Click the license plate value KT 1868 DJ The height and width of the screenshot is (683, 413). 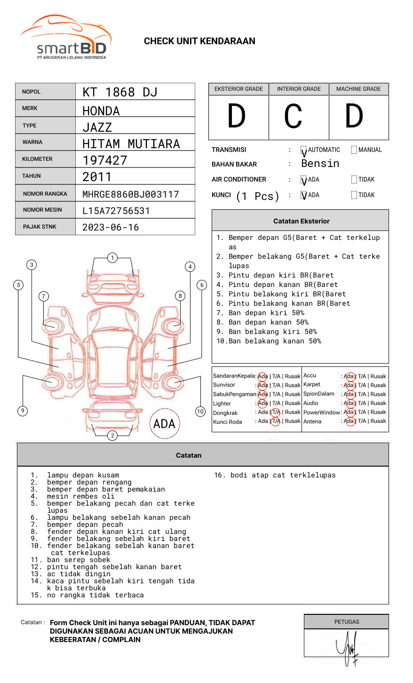[120, 92]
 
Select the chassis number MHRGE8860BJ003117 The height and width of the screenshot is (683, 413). [130, 194]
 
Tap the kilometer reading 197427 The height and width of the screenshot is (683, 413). [105, 160]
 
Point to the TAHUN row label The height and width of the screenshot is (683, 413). [32, 176]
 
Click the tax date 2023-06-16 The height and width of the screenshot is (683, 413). [111, 228]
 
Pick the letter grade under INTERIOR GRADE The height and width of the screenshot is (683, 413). [293, 117]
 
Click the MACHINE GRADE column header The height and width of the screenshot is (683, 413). [358, 89]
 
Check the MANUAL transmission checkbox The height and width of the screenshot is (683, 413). [354, 150]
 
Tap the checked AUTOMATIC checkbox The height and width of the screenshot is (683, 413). [304, 151]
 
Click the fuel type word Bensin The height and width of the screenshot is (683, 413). [320, 164]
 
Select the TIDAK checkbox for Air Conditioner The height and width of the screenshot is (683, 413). [354, 180]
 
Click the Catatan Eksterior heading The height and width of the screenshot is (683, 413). [301, 221]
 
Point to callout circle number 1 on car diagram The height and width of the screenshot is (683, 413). [112, 258]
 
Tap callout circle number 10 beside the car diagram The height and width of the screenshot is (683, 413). [200, 412]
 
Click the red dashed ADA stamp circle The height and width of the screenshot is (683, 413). [165, 423]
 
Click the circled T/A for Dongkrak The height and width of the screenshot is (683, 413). [276, 412]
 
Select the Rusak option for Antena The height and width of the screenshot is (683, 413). [378, 421]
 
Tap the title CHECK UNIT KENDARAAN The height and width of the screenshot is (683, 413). [199, 41]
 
